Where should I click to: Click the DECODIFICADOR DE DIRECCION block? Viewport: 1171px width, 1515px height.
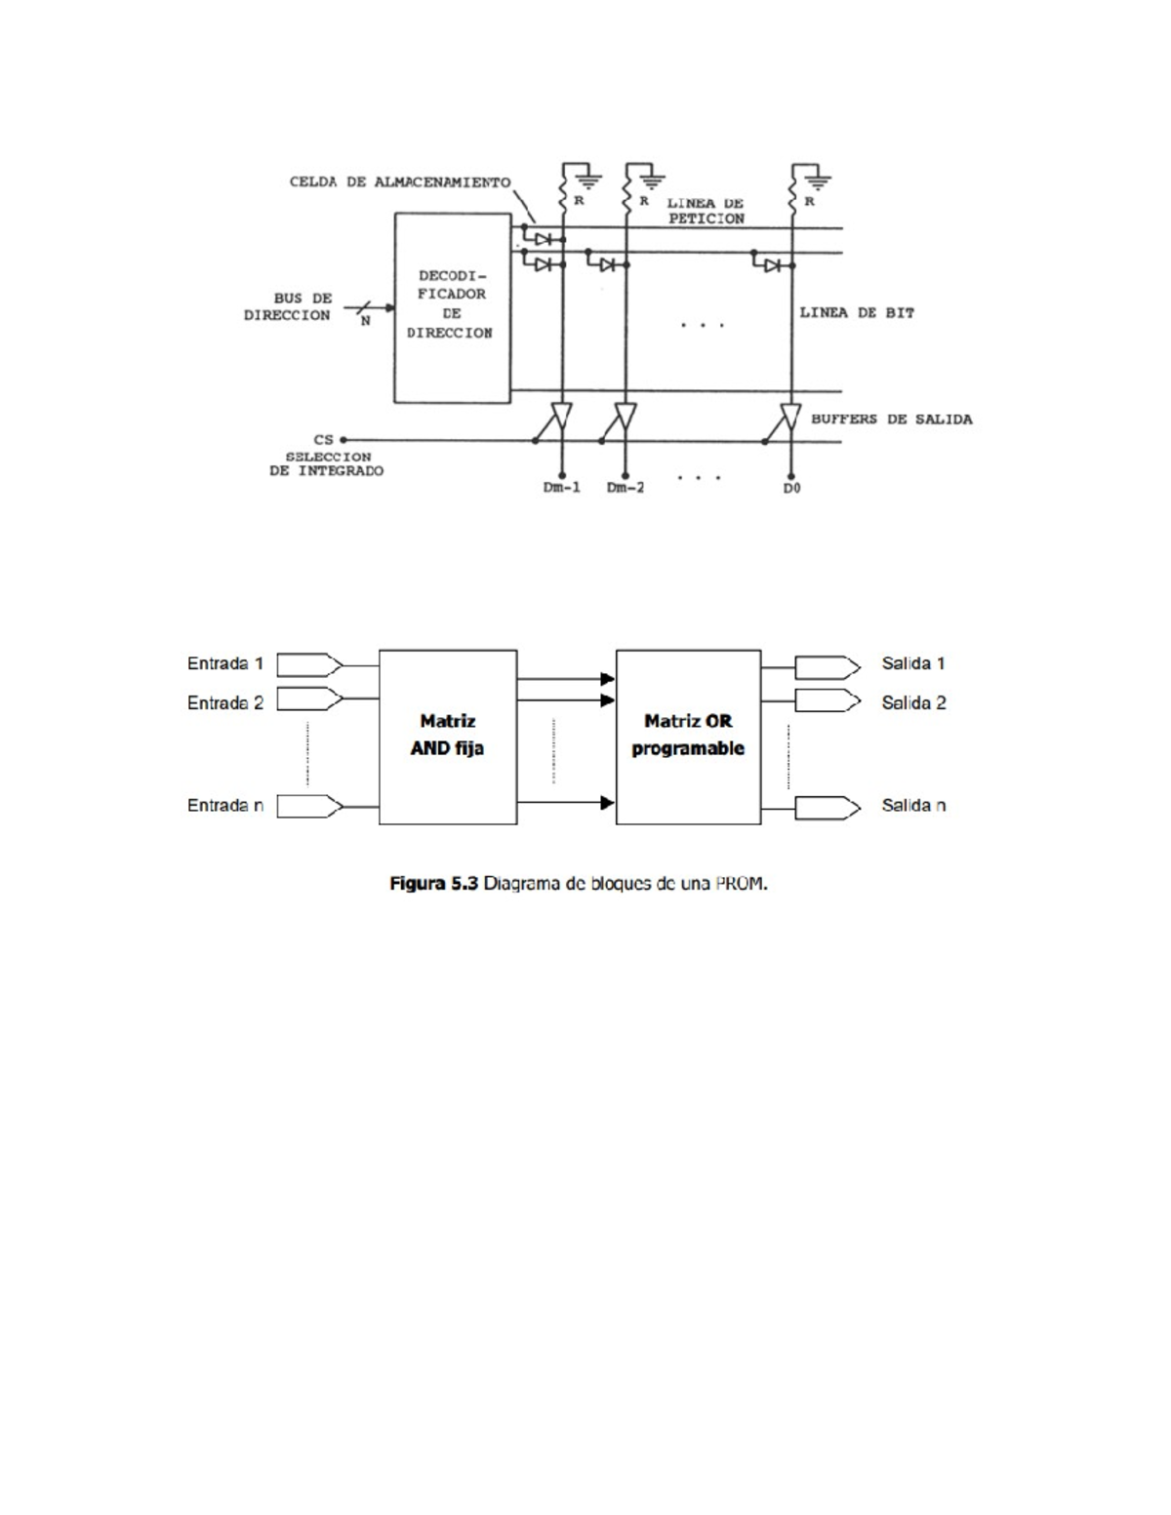pyautogui.click(x=452, y=307)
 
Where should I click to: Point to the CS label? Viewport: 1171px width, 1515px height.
pyautogui.click(x=323, y=440)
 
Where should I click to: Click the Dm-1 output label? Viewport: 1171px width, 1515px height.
pyautogui.click(x=562, y=488)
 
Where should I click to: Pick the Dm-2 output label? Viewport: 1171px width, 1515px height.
pyautogui.click(x=626, y=488)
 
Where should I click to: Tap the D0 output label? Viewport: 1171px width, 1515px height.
pyautogui.click(x=791, y=488)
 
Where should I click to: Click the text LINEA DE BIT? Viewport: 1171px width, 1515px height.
pyautogui.click(x=857, y=313)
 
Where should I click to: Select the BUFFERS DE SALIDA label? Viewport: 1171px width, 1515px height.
pyautogui.click(x=891, y=419)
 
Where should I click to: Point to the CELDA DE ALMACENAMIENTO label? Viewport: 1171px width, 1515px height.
pyautogui.click(x=400, y=182)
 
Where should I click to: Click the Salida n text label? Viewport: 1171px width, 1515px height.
pyautogui.click(x=913, y=806)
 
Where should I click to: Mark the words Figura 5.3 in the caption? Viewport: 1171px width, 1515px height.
pyautogui.click(x=433, y=884)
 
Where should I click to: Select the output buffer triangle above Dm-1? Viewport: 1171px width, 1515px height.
pyautogui.click(x=562, y=417)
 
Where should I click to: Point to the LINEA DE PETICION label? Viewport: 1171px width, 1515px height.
pyautogui.click(x=706, y=211)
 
